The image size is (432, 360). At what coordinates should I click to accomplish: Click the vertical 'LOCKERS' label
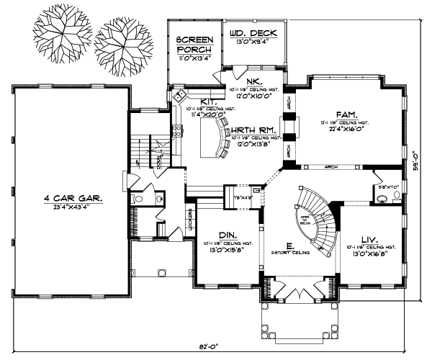(x=190, y=217)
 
